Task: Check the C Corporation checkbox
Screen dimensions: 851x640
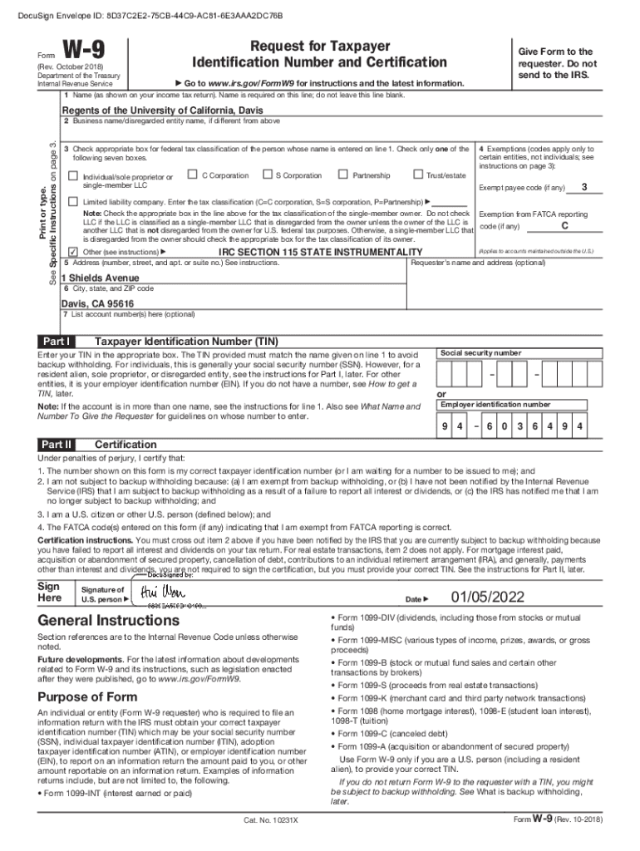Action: tap(192, 175)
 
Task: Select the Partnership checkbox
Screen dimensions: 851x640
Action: tap(343, 175)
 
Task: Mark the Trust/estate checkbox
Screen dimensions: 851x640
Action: tap(417, 175)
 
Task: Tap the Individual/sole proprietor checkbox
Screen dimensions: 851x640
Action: tap(72, 176)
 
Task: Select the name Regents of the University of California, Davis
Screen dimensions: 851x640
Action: tap(153, 111)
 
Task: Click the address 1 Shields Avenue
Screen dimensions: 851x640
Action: tap(101, 278)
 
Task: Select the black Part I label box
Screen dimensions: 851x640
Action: tap(57, 342)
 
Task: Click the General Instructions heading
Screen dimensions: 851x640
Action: tap(108, 621)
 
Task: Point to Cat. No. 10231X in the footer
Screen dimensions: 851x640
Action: tap(270, 819)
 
